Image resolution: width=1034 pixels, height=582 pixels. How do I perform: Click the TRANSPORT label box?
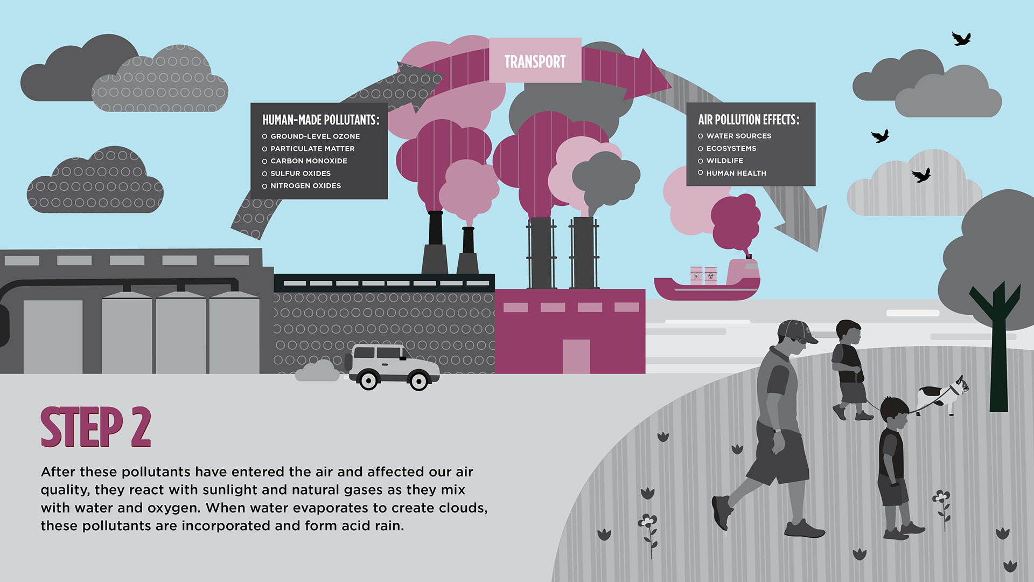point(535,61)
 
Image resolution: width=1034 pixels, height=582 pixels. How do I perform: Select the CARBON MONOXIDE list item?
point(309,161)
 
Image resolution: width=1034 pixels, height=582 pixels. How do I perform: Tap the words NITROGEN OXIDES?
point(305,186)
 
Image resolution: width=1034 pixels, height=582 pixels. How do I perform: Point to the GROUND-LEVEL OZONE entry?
point(315,136)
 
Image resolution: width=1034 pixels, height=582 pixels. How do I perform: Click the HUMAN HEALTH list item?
point(736,173)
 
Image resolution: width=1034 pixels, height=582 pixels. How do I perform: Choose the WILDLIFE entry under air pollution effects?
point(724,161)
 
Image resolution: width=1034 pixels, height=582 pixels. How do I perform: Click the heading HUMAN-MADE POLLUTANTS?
point(320,120)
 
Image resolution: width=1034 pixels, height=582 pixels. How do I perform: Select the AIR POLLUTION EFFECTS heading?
point(749,120)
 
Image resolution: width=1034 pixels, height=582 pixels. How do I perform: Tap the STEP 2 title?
point(96,427)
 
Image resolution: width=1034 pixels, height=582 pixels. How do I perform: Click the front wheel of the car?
point(418,381)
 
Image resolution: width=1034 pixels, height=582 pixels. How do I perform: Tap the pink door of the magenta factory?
point(576,356)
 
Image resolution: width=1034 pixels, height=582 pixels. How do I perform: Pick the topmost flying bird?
point(961,39)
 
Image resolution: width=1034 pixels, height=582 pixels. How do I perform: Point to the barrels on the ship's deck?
point(703,275)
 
